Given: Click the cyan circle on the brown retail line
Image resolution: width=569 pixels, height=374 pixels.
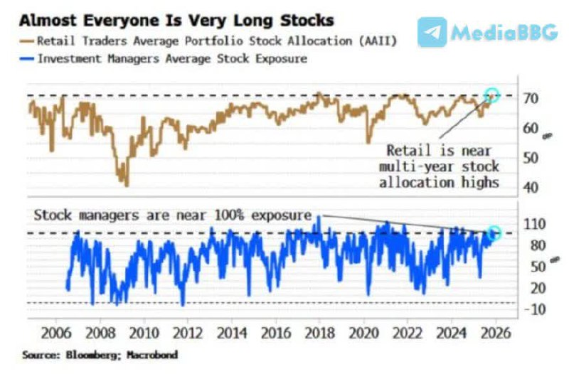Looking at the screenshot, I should [x=491, y=95].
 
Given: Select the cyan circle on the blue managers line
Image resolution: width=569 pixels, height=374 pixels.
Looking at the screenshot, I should [x=495, y=233].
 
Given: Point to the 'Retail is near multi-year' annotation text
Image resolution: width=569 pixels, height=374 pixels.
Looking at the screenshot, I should [x=442, y=166].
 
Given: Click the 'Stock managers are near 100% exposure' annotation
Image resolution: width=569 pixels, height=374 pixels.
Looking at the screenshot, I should [x=172, y=213].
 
